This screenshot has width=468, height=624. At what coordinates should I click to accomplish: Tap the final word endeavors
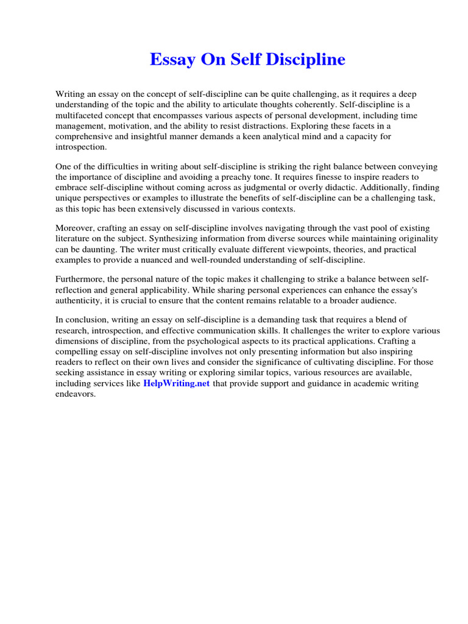coord(76,394)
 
